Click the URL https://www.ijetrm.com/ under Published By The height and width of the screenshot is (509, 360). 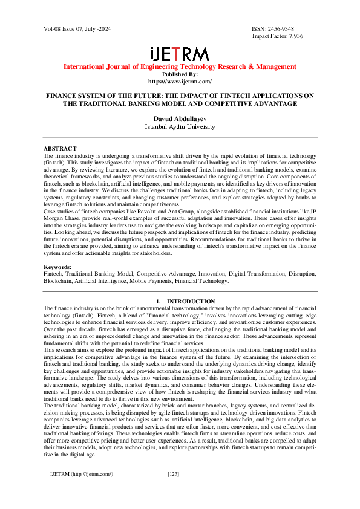point(180,81)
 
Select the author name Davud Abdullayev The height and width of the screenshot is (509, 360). point(180,119)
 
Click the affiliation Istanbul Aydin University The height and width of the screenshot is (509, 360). point(180,127)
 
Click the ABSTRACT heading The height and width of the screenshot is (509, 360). point(60,148)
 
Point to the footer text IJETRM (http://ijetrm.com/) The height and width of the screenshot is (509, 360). point(82,490)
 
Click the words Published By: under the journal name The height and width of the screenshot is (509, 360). point(180,74)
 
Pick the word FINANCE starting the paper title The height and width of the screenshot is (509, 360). point(63,96)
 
